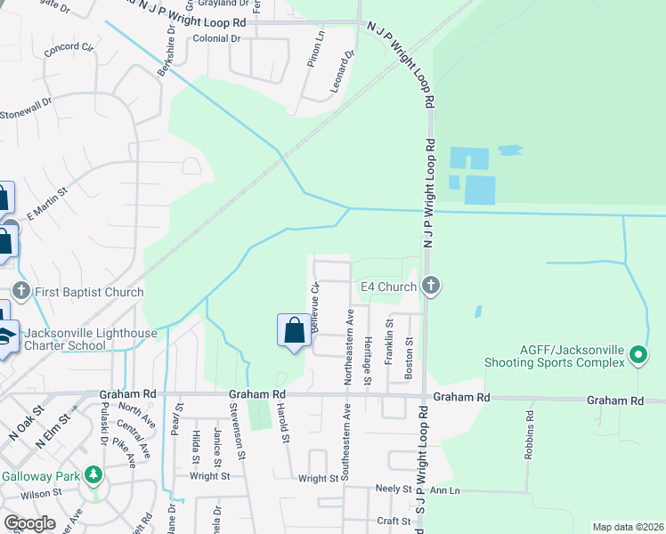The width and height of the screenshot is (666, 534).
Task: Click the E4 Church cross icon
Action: click(431, 287)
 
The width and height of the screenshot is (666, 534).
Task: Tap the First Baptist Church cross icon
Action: click(21, 291)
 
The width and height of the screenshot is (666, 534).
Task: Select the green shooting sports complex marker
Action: click(638, 355)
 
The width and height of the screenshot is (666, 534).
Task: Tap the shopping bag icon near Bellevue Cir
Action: click(294, 331)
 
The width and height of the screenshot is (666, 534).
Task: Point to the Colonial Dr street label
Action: click(217, 39)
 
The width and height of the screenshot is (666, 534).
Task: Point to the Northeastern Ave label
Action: click(351, 346)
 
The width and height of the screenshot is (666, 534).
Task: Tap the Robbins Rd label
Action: click(531, 433)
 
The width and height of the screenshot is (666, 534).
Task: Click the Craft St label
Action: click(392, 521)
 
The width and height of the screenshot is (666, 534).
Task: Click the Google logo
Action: click(28, 523)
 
